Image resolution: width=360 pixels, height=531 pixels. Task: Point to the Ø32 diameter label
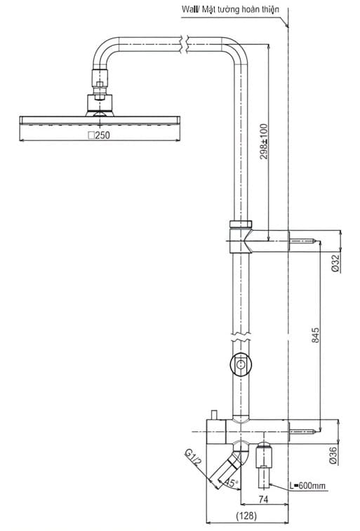point(335,262)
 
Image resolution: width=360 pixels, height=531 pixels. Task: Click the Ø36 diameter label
point(335,456)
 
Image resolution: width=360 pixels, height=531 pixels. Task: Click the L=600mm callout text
point(309,485)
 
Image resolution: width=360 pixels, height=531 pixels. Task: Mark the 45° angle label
point(231,482)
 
